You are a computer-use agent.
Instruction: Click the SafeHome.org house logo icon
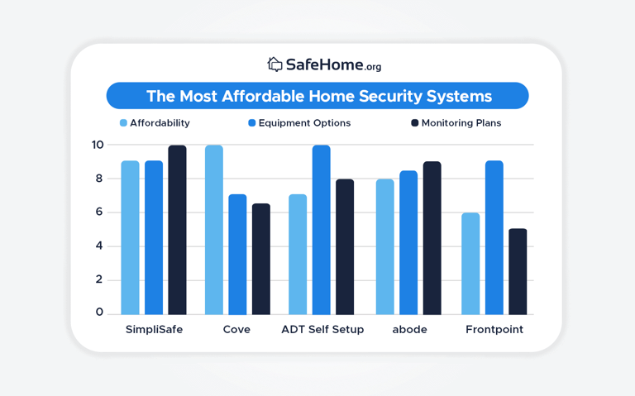pyautogui.click(x=275, y=64)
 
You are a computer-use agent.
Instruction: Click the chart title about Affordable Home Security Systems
pyautogui.click(x=317, y=96)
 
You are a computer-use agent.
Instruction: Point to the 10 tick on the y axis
pyautogui.click(x=98, y=145)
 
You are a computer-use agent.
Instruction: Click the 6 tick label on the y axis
pyautogui.click(x=99, y=212)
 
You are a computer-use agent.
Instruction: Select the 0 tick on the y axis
pyautogui.click(x=99, y=313)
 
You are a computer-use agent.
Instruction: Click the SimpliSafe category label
pyautogui.click(x=154, y=329)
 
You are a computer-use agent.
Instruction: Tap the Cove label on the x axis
pyautogui.click(x=236, y=329)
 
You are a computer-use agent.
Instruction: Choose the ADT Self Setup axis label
pyautogui.click(x=322, y=329)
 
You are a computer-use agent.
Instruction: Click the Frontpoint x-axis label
pyautogui.click(x=494, y=329)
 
